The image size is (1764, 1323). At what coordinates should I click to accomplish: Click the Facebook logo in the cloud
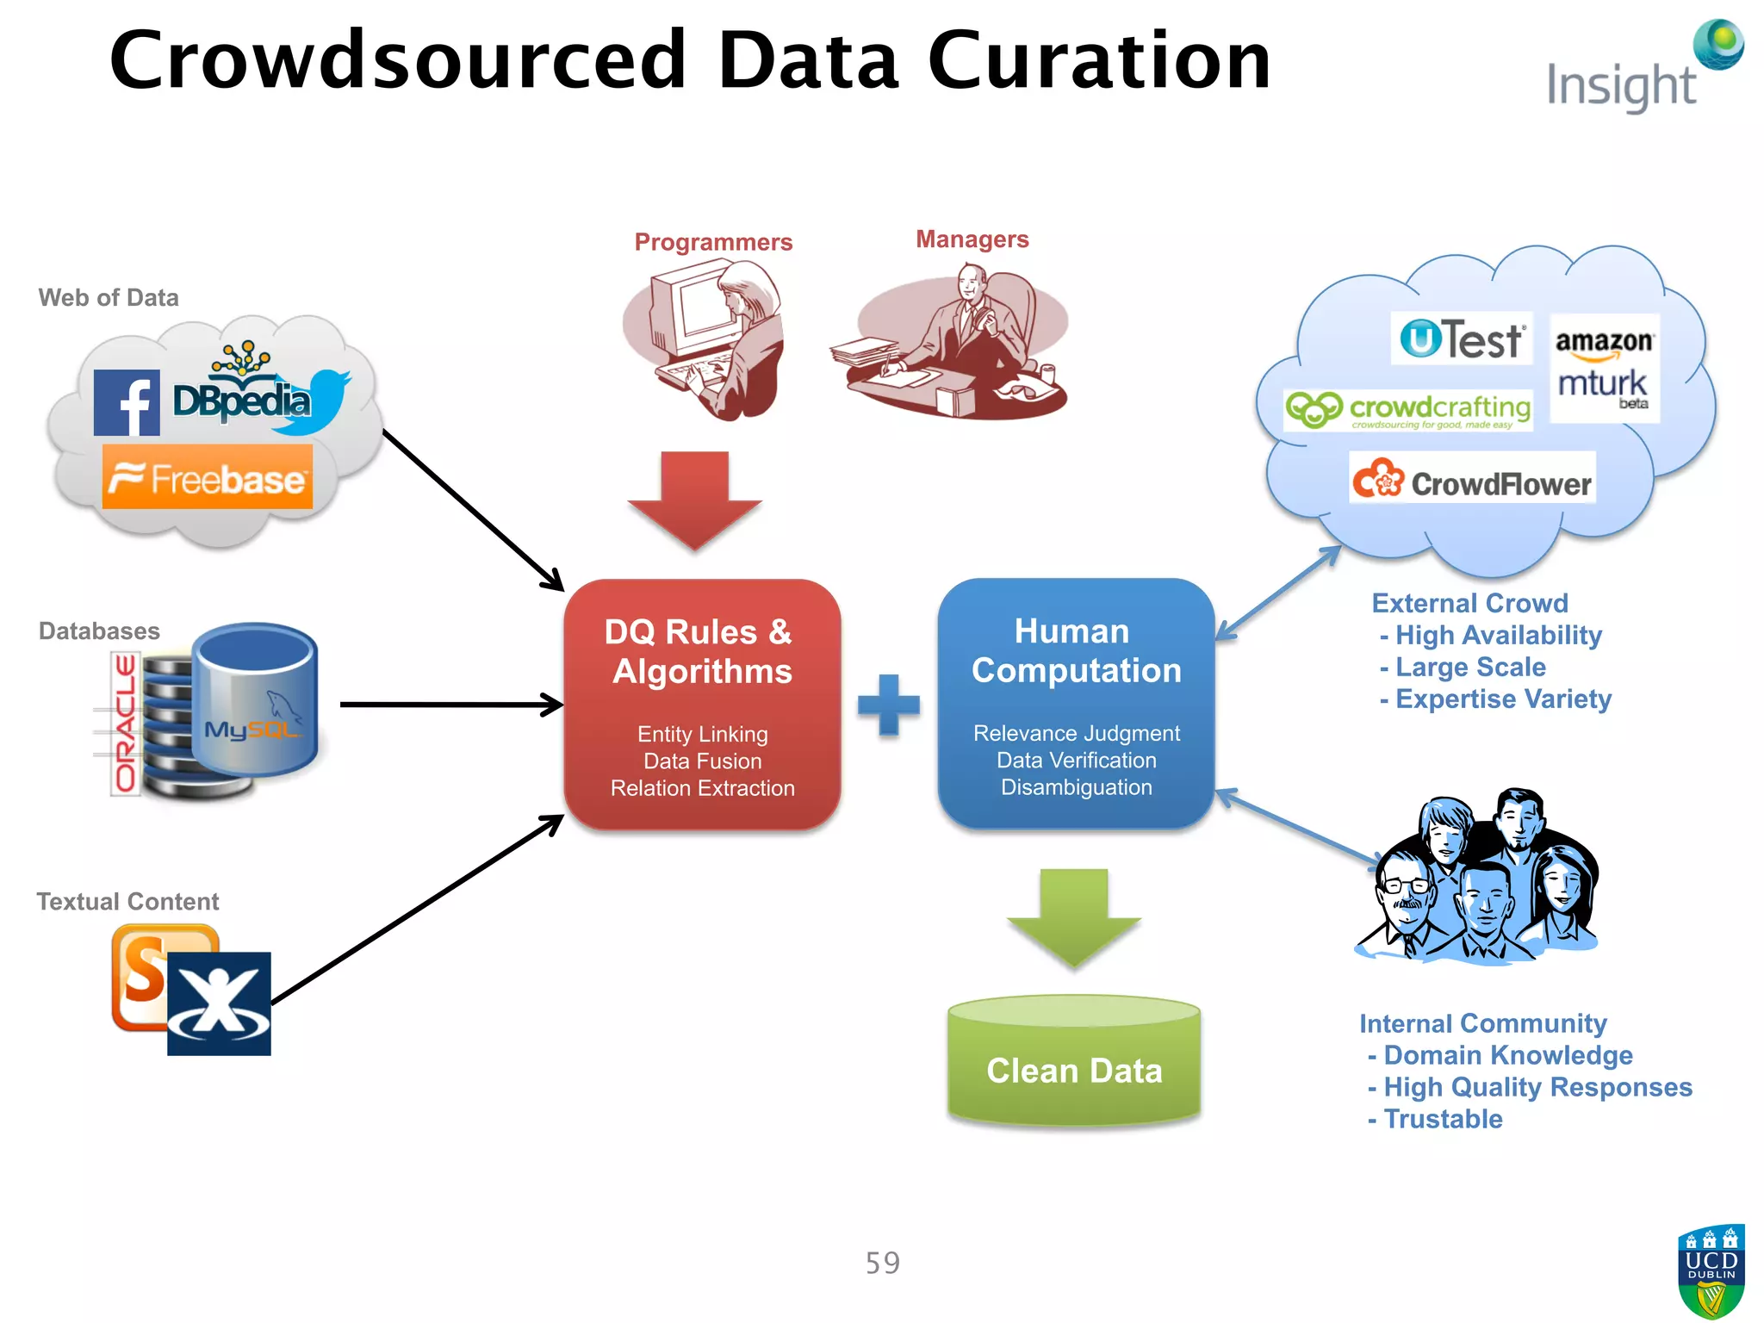pos(127,402)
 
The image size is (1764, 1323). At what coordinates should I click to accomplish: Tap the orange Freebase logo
pos(208,477)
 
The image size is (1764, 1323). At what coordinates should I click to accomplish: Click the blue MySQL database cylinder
pos(254,699)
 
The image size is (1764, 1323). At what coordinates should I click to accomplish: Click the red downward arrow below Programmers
pos(694,499)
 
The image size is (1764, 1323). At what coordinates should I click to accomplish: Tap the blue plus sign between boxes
pos(889,705)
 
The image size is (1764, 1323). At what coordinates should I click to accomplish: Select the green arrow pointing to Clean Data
pos(1073,916)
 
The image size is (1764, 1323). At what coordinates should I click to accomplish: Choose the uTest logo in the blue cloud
pos(1462,339)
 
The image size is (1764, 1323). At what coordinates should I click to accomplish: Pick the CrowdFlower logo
pos(1472,479)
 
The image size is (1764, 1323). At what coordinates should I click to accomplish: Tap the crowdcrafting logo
pos(1408,410)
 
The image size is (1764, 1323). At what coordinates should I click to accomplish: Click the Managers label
pos(972,239)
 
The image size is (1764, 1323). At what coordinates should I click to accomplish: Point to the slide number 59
pos(882,1263)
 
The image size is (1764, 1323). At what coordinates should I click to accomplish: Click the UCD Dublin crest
pos(1711,1270)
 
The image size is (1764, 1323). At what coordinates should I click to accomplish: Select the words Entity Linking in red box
pos(702,734)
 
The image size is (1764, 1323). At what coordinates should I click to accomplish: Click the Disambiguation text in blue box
pos(1076,787)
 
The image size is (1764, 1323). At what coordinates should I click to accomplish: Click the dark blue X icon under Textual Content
pos(219,1003)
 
